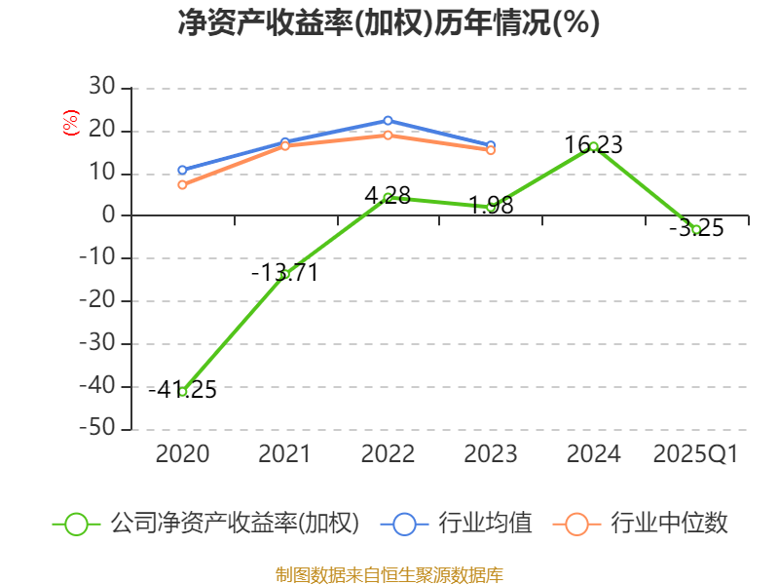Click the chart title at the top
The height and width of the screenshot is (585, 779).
pyautogui.click(x=389, y=23)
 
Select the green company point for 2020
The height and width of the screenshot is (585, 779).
pyautogui.click(x=182, y=391)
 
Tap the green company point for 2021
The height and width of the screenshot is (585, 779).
pyautogui.click(x=284, y=274)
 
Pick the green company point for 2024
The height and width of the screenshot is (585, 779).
pyautogui.click(x=593, y=146)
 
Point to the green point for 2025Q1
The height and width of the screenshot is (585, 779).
pyautogui.click(x=696, y=229)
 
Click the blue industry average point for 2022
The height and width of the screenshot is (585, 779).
pyautogui.click(x=388, y=121)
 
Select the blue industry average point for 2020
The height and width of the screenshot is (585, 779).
pyautogui.click(x=182, y=170)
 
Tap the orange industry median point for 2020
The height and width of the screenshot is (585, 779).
pyautogui.click(x=182, y=184)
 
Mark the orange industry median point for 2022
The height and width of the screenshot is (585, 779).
pyautogui.click(x=388, y=135)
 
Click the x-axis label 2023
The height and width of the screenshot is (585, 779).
pyautogui.click(x=491, y=454)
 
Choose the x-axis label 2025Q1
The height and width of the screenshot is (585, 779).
pyautogui.click(x=696, y=454)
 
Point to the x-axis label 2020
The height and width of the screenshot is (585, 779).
pyautogui.click(x=182, y=454)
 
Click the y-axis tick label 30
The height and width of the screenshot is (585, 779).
pyautogui.click(x=102, y=88)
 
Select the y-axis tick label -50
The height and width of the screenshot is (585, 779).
pyautogui.click(x=96, y=429)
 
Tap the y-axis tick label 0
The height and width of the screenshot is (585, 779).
pyautogui.click(x=109, y=215)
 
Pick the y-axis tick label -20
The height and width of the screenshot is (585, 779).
pyautogui.click(x=96, y=301)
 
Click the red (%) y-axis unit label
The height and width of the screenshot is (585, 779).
pyautogui.click(x=70, y=124)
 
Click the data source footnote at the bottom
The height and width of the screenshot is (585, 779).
pyautogui.click(x=389, y=574)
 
